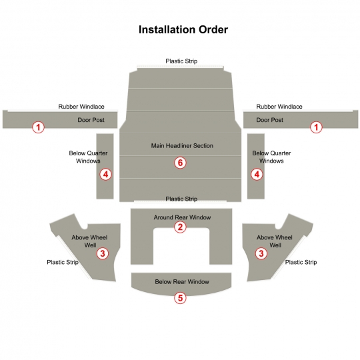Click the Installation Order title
tap(183, 29)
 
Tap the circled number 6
tap(180, 163)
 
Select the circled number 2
tap(180, 227)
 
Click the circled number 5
tap(180, 298)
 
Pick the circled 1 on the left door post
tap(39, 127)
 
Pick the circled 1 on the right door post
tap(316, 127)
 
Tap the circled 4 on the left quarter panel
tap(105, 174)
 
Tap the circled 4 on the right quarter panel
tap(257, 174)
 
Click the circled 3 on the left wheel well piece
tap(103, 253)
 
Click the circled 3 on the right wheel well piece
tap(261, 253)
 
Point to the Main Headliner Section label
tap(182, 146)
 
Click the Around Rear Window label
tap(182, 217)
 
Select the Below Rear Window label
tap(182, 282)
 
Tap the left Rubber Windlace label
tap(81, 107)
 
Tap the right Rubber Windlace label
tap(279, 107)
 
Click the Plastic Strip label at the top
tap(181, 61)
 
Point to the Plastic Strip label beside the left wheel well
tap(63, 262)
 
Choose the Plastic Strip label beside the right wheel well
tap(301, 262)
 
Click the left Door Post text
tap(91, 120)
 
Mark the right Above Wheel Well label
tap(275, 241)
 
